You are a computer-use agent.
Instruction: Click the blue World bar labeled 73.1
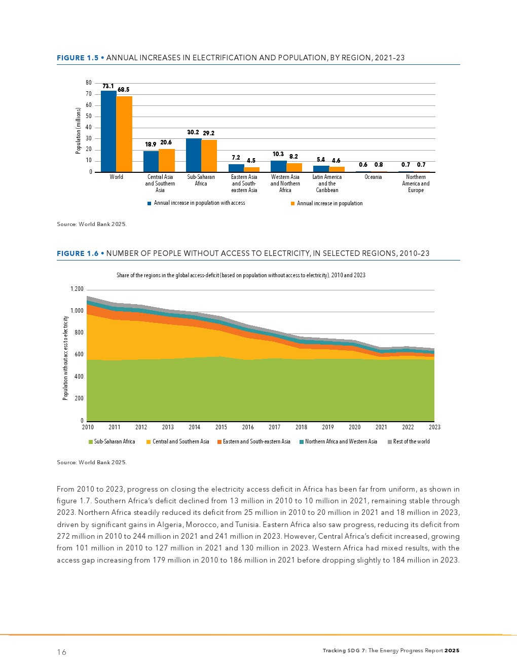108,131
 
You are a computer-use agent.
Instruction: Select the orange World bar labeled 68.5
124,134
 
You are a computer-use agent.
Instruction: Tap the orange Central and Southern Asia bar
167,160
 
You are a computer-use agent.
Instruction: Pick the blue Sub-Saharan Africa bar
194,155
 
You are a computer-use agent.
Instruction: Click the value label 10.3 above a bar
278,154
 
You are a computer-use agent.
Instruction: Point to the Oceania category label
373,177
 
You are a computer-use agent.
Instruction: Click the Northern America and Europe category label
416,183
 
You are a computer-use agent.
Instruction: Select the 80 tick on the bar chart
89,83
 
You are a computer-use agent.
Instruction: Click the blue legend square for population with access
150,203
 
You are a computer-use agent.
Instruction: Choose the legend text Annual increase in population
329,203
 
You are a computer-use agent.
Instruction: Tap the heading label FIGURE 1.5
78,58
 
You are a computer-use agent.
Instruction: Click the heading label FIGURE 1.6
78,253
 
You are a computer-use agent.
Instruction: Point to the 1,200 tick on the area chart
77,289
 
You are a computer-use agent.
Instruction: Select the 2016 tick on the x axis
248,427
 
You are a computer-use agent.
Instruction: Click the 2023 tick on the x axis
434,427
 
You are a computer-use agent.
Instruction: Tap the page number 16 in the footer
61,652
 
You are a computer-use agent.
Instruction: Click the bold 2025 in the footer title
452,650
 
